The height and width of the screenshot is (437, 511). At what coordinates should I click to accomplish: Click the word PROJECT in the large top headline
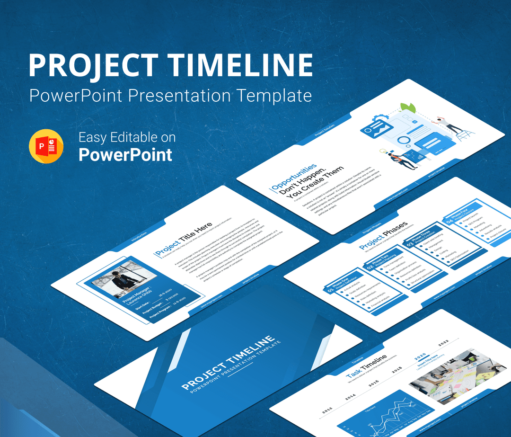94,65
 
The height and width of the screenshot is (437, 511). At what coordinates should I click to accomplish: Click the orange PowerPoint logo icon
46,146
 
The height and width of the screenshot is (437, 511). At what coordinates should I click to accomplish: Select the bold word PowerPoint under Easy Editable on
125,155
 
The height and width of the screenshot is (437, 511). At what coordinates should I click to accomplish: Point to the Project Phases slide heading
383,237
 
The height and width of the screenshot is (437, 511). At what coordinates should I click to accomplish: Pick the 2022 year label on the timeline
443,342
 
